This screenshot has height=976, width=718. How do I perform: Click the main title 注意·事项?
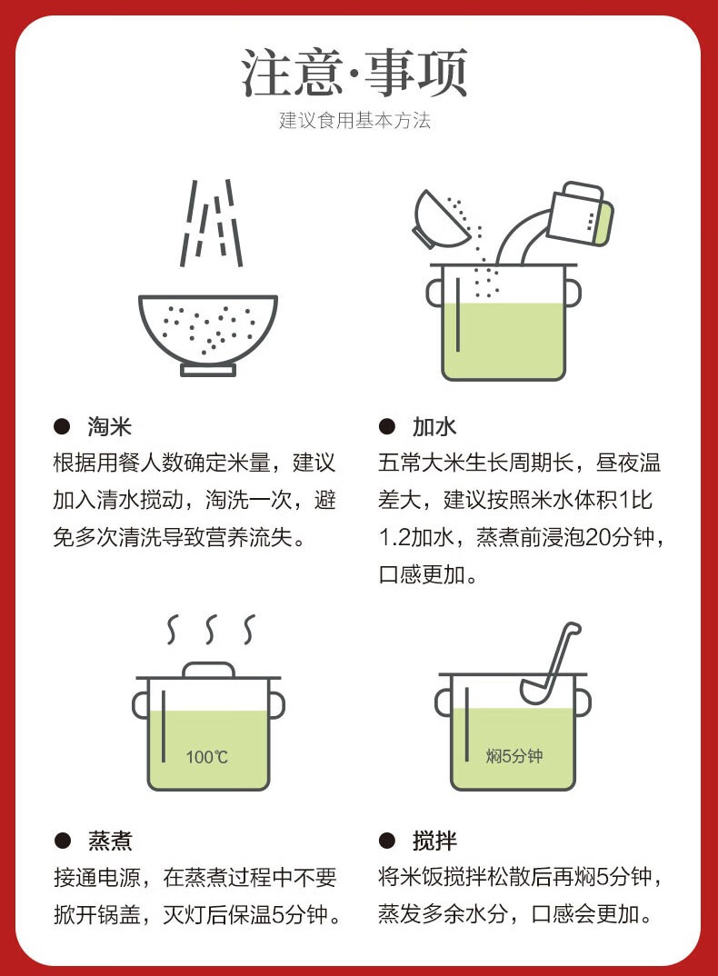[x=354, y=73]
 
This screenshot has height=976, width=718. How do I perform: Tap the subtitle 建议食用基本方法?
[x=354, y=120]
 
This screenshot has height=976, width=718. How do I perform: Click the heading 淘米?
[x=110, y=427]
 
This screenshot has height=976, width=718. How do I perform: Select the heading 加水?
[x=434, y=427]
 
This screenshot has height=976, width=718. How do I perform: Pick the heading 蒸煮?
[x=110, y=841]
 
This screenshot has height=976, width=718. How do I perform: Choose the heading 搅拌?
[x=434, y=841]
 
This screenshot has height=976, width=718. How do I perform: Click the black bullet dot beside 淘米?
[x=62, y=427]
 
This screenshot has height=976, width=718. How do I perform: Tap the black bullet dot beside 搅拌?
[x=386, y=841]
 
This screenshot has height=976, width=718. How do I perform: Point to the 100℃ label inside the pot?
[x=206, y=757]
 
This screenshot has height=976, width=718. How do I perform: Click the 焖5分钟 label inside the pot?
[x=514, y=756]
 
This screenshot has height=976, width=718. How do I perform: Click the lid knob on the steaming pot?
[x=209, y=670]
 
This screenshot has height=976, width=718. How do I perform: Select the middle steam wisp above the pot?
[x=211, y=629]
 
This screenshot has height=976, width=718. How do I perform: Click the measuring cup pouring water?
[x=580, y=214]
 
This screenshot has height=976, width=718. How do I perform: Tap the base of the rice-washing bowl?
[x=208, y=371]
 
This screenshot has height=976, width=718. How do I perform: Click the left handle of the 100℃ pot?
[x=141, y=705]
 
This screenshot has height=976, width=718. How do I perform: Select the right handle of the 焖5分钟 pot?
[x=583, y=703]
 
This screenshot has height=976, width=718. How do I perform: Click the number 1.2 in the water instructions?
[x=394, y=536]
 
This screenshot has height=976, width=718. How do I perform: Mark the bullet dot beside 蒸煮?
[x=62, y=841]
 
